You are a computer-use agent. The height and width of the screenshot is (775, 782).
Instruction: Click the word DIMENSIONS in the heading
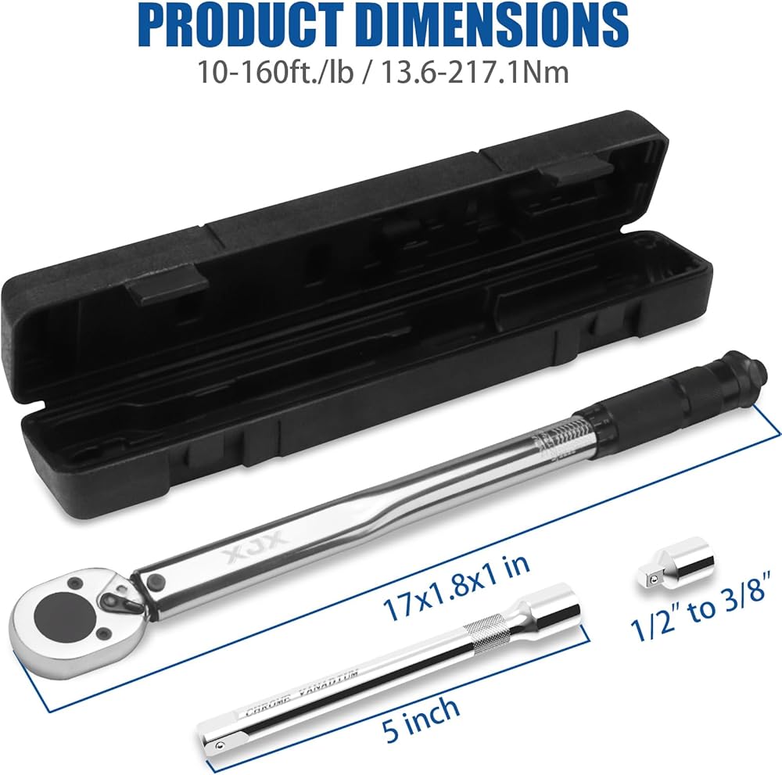click(x=486, y=25)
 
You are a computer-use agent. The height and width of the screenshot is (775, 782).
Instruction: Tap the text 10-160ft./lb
click(x=276, y=72)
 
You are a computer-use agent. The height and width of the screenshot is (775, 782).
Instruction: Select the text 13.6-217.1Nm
click(x=475, y=72)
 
